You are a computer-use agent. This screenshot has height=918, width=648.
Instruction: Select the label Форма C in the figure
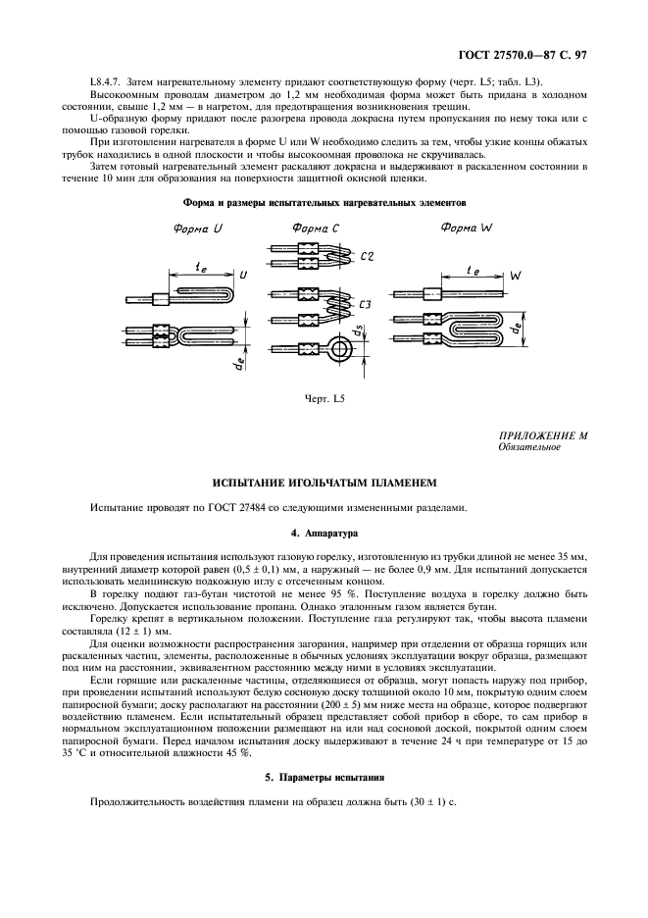(x=315, y=228)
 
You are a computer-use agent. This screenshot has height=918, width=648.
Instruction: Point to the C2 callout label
(x=368, y=256)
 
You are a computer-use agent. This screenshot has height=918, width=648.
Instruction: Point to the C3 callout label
(x=364, y=305)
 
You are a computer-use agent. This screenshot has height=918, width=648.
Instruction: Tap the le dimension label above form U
(x=202, y=266)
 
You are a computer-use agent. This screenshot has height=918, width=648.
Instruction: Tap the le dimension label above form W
(x=474, y=266)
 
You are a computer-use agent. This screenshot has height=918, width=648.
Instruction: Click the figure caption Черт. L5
(x=324, y=398)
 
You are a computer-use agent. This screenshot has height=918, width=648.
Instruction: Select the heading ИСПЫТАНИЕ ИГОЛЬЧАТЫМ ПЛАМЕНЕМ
(x=324, y=483)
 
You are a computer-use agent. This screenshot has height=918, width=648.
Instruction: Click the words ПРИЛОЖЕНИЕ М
(x=543, y=435)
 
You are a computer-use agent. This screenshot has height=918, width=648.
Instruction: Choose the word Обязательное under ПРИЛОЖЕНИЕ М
(x=529, y=447)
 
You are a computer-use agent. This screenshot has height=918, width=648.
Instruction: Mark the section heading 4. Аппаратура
(x=324, y=533)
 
